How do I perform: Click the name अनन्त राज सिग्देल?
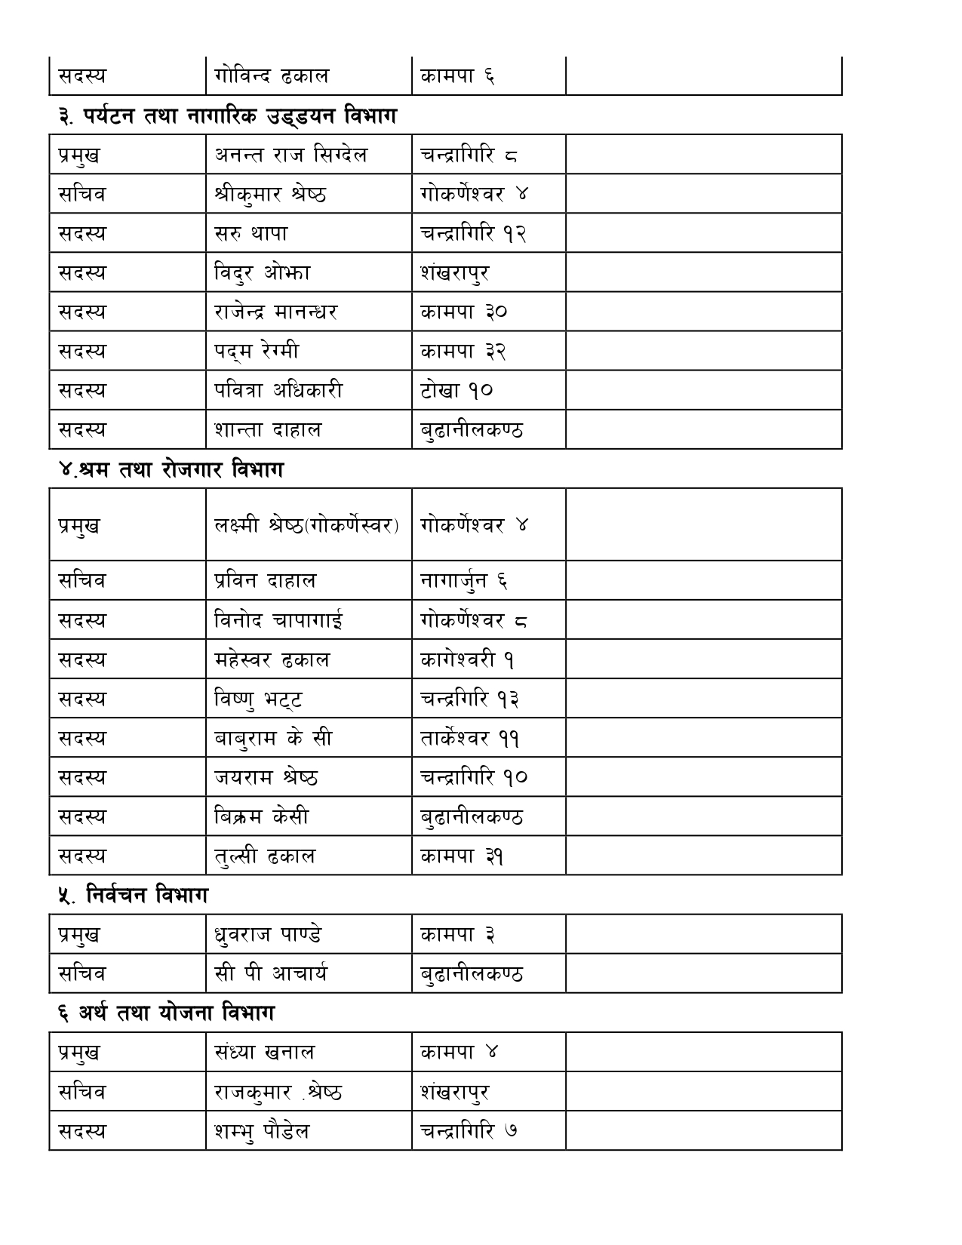tap(290, 155)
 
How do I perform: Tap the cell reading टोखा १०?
tap(456, 391)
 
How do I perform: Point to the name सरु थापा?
tap(251, 234)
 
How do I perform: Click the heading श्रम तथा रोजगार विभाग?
tap(171, 470)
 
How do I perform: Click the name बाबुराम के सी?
tap(273, 738)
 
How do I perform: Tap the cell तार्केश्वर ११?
tap(469, 738)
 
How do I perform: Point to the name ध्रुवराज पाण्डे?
tap(268, 935)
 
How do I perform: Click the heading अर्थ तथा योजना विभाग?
tap(166, 1013)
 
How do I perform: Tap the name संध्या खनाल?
tap(265, 1053)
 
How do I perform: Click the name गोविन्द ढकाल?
tap(272, 76)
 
